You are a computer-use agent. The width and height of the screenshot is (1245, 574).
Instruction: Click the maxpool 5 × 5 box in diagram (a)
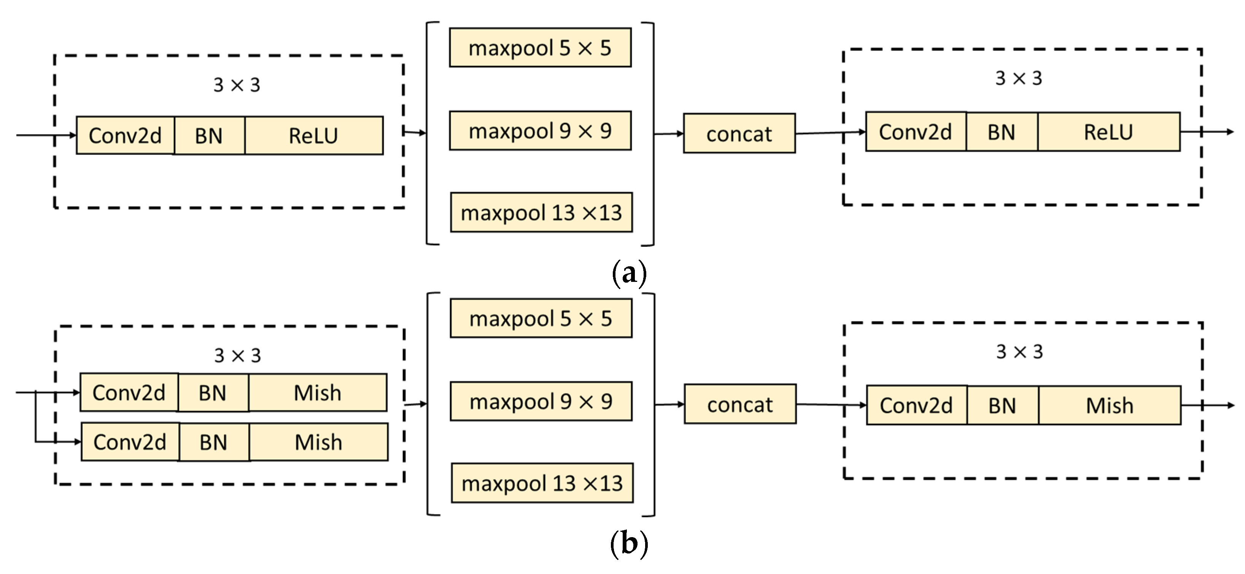540,47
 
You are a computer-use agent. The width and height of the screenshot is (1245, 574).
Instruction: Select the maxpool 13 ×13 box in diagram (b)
542,483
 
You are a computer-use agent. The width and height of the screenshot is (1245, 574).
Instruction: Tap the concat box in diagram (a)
739,134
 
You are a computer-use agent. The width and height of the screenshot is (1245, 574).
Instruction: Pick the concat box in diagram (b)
740,404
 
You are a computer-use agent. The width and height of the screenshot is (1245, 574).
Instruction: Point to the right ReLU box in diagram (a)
1108,132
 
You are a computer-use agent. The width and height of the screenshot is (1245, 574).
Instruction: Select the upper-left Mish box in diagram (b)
318,392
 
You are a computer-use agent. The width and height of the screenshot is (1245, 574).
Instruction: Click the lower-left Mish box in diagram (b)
318,442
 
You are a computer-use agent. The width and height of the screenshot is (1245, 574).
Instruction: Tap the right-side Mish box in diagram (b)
1110,405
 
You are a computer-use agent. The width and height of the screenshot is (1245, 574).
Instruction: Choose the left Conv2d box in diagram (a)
125,135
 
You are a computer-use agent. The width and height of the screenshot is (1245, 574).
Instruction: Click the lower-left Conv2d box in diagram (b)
130,442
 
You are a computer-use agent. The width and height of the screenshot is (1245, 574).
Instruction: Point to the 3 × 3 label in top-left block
237,85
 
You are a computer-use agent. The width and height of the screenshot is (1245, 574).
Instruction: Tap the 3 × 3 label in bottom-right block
1019,351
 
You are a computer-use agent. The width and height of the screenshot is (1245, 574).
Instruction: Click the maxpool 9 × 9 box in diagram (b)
541,401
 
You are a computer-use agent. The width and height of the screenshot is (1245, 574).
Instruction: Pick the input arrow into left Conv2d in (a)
46,135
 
